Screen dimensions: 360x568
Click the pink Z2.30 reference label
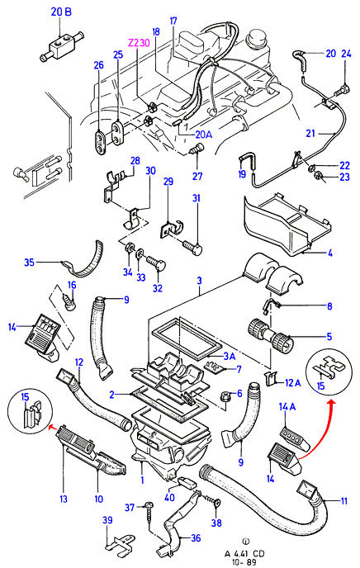click(139, 43)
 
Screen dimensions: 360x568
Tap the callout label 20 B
click(61, 12)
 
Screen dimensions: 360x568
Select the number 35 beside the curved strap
click(30, 262)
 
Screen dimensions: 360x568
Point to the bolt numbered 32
click(156, 263)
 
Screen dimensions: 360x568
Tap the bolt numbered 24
click(343, 89)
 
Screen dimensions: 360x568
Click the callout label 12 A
click(292, 382)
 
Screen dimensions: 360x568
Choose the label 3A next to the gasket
click(230, 357)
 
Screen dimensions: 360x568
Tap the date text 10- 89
click(245, 562)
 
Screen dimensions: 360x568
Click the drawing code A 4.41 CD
click(244, 553)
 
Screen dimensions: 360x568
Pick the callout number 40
click(169, 497)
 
